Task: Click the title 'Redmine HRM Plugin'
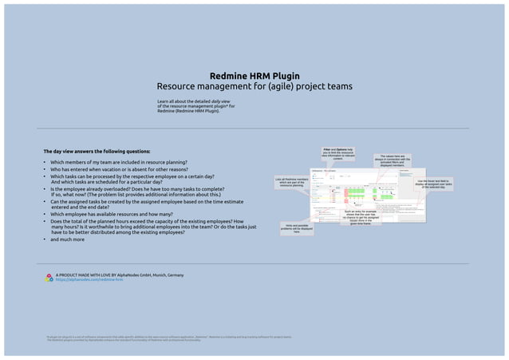(x=254, y=74)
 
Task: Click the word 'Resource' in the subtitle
(x=177, y=85)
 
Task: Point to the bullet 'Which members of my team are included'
(x=119, y=162)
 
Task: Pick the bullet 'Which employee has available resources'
(x=127, y=214)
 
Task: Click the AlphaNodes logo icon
(x=49, y=278)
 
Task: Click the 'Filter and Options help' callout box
(x=338, y=154)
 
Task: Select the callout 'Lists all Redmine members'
(x=292, y=183)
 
